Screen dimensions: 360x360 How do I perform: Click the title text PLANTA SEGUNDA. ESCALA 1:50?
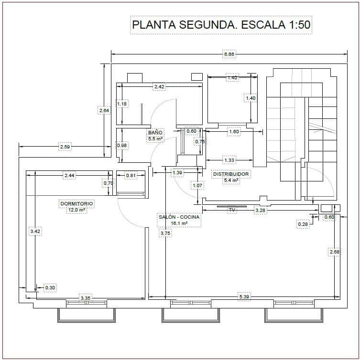[x=221, y=25]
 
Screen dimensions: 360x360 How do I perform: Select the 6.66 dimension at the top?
[x=229, y=54]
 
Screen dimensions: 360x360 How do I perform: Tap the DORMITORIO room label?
[x=76, y=203]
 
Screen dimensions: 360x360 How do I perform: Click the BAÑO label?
[x=155, y=132]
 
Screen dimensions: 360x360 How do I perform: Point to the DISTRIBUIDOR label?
[x=231, y=174]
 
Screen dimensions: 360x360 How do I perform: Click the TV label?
[x=232, y=210]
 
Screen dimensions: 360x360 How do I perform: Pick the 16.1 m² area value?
[x=179, y=223]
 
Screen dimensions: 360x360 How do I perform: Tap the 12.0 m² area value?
[x=76, y=210]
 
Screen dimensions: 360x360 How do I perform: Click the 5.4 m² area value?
[x=231, y=180]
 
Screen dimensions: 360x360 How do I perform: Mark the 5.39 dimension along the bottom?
[x=244, y=297]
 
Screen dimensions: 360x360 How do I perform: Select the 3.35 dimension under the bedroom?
[x=86, y=298]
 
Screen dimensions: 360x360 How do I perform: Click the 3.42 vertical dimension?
[x=35, y=231]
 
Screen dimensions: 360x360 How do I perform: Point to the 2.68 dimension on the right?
[x=334, y=252]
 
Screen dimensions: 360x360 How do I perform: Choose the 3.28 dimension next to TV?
[x=261, y=210]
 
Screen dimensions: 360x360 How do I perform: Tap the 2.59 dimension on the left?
[x=65, y=147]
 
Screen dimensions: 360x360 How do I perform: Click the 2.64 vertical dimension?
[x=104, y=111]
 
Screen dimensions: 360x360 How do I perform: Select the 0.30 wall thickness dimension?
[x=50, y=287]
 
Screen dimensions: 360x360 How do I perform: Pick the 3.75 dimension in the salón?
[x=165, y=233]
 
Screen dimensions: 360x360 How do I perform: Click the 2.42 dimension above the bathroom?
[x=159, y=87]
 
